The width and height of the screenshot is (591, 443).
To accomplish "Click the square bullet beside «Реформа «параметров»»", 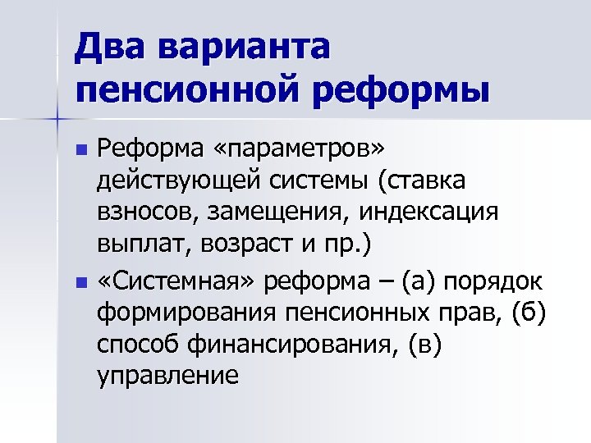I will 80,149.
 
